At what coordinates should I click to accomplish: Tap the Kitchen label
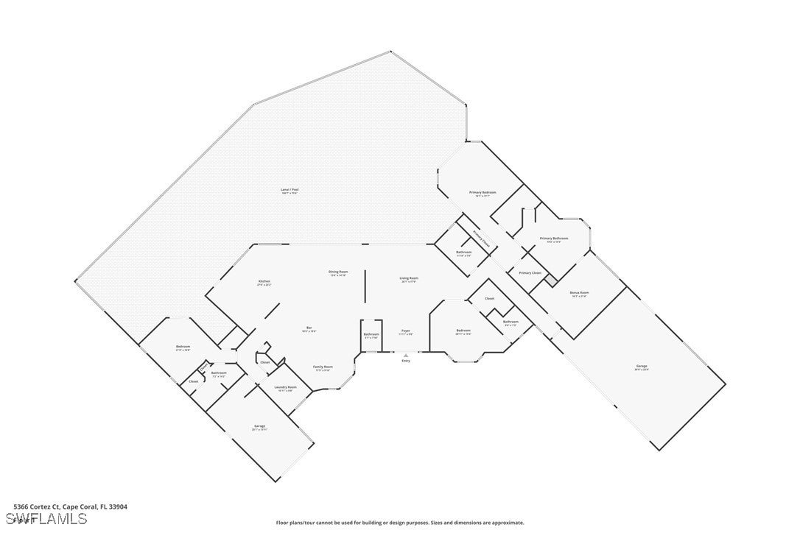(x=264, y=281)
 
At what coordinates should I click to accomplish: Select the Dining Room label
(x=338, y=272)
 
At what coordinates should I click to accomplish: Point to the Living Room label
(x=409, y=279)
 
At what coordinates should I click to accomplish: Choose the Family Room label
(x=323, y=367)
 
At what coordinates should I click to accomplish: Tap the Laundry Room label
(x=285, y=387)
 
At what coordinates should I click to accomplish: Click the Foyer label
(x=406, y=331)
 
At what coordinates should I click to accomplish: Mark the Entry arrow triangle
(x=406, y=355)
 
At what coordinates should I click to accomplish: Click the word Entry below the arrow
(x=406, y=361)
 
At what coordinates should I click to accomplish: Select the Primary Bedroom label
(x=483, y=193)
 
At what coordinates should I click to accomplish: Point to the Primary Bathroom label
(x=554, y=239)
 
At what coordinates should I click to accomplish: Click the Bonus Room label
(x=579, y=293)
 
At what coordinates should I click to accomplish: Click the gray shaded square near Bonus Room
(x=550, y=280)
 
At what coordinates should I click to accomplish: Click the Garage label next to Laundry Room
(x=259, y=426)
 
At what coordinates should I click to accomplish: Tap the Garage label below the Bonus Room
(x=642, y=367)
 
